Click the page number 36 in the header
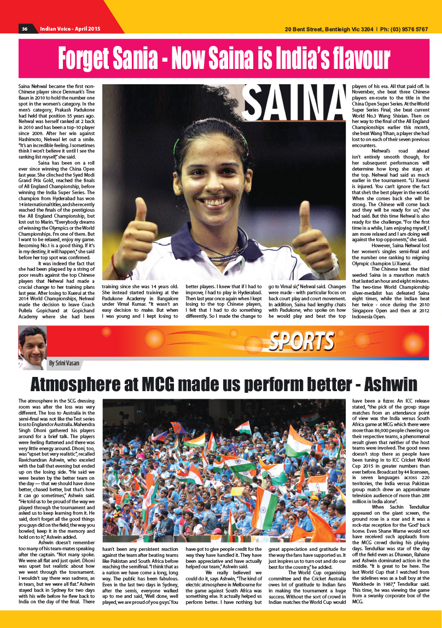25,28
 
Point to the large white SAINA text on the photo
294,105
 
